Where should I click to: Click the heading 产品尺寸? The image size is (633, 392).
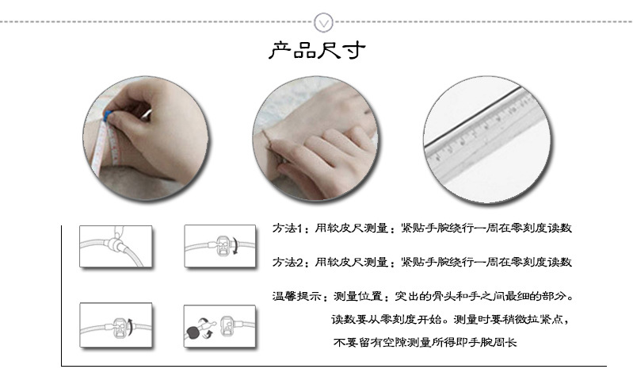(317, 52)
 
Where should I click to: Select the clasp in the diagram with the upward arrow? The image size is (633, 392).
(119, 325)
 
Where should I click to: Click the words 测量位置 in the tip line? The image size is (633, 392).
(358, 297)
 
